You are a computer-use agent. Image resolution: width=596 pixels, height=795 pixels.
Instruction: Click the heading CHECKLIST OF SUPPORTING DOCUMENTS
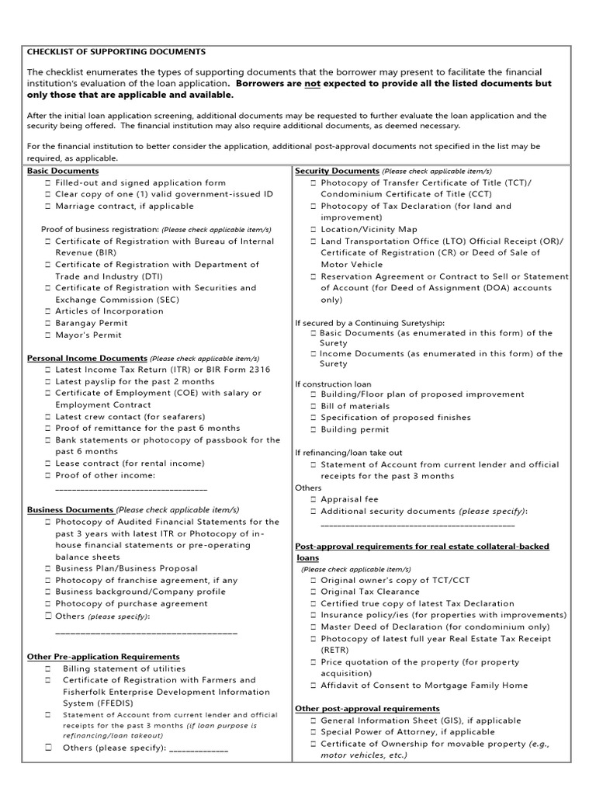[x=116, y=51]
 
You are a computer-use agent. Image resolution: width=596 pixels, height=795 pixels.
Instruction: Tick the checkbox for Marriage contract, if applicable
[x=47, y=207]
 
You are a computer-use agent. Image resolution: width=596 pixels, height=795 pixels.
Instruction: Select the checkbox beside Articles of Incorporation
[x=47, y=311]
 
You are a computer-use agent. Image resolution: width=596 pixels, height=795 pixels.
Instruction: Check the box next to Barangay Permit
[x=47, y=323]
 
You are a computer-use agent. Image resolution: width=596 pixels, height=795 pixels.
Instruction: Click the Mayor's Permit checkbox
[x=47, y=335]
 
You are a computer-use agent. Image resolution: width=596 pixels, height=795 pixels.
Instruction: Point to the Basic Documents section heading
[x=63, y=171]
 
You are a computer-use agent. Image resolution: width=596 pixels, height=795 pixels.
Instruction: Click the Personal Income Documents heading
[x=87, y=359]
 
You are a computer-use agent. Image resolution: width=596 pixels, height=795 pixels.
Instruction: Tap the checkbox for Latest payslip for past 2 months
[x=47, y=382]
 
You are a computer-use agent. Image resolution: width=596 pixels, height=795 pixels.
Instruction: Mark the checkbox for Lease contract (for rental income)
[x=47, y=463]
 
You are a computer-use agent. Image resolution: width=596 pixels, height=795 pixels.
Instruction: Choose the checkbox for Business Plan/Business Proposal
[x=47, y=568]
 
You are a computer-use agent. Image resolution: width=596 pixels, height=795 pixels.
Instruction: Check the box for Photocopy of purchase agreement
[x=47, y=603]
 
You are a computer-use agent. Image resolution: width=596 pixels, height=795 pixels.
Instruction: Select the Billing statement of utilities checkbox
[x=47, y=668]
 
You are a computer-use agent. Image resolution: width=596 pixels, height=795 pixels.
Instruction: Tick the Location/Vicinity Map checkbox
[x=313, y=230]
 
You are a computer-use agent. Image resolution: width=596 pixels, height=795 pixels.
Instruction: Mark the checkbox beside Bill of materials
[x=313, y=406]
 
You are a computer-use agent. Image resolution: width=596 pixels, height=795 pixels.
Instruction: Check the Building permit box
[x=313, y=429]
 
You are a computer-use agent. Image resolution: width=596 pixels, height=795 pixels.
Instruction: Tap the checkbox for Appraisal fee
[x=313, y=500]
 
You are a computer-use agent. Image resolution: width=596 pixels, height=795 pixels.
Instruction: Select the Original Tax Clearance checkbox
[x=313, y=592]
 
